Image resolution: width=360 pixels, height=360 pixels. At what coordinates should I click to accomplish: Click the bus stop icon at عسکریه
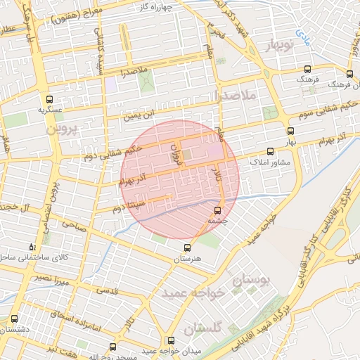[x=49, y=99]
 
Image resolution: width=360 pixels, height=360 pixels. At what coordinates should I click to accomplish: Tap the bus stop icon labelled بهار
[x=290, y=131]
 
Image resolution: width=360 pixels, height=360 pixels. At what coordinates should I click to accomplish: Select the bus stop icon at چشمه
[x=217, y=210]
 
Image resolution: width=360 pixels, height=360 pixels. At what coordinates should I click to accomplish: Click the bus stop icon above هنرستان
[x=187, y=247]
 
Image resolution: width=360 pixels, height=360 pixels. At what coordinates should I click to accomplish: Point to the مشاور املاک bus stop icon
[x=270, y=151]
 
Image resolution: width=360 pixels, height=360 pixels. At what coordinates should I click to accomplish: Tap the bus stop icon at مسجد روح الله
[x=113, y=347]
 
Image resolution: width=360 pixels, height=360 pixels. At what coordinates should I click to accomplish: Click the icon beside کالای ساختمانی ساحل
[x=32, y=247]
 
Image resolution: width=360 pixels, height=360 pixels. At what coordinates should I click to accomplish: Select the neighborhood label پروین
[x=60, y=130]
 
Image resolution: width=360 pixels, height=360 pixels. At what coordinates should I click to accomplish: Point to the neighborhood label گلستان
[x=202, y=328]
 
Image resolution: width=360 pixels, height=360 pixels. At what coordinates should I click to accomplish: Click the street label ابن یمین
[x=139, y=115]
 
